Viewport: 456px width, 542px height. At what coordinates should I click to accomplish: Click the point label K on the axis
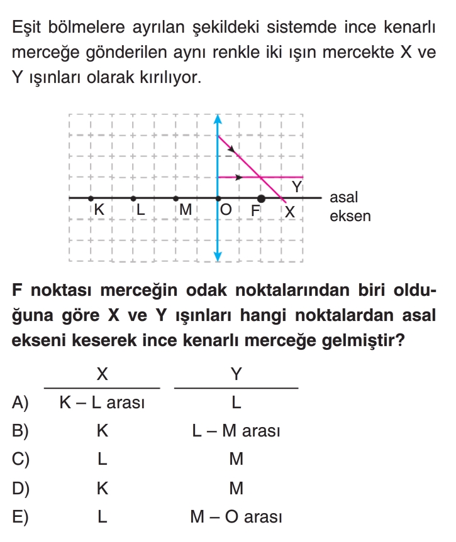point(99,210)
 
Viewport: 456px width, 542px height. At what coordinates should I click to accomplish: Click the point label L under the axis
point(141,210)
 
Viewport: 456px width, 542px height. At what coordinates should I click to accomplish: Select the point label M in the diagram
point(184,210)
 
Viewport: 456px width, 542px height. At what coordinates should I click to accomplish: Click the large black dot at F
point(262,198)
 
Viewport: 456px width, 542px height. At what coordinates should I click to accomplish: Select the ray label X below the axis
point(290,212)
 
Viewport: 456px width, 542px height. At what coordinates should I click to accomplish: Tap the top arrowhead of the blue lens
point(218,119)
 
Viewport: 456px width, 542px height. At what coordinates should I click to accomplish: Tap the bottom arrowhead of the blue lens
point(218,256)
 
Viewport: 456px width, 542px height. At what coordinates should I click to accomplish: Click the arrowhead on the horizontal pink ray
point(238,177)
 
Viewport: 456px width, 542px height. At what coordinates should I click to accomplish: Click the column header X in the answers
point(102,374)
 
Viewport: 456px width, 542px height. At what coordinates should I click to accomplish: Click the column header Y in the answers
point(236,374)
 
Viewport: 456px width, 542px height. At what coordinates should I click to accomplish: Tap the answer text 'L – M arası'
point(236,431)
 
